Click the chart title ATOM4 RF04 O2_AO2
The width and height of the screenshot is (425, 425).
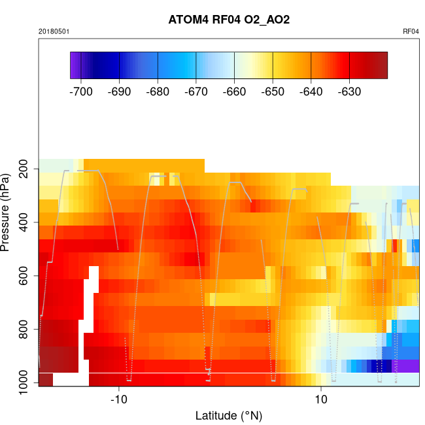coord(229,20)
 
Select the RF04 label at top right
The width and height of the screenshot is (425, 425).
coord(411,31)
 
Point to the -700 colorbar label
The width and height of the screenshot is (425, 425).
coord(80,92)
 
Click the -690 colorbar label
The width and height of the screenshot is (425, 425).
coord(119,92)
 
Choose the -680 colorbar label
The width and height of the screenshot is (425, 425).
coord(158,92)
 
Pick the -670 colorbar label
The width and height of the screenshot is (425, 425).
coord(196,92)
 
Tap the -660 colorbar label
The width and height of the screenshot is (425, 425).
coord(234,92)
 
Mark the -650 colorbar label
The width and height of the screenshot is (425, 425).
coord(273,92)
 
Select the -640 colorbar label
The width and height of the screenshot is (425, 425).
coord(311,92)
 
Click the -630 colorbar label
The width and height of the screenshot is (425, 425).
coord(349,92)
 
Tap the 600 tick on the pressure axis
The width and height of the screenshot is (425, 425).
coord(25,278)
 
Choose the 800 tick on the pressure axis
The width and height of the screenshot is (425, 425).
coord(25,331)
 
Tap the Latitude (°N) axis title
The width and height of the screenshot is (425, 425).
coord(229,416)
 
